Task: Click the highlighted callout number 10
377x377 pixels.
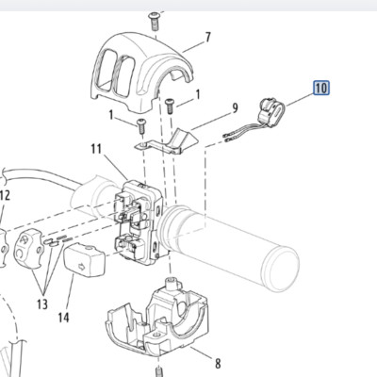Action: [321, 88]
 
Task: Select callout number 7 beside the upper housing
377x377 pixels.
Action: [207, 38]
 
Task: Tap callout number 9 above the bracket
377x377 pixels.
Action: [235, 108]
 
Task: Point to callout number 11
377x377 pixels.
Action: [96, 149]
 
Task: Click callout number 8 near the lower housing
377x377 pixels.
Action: [218, 364]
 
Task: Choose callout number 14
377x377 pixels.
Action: [63, 318]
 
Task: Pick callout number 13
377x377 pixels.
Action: [41, 304]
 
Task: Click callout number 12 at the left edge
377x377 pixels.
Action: [5, 196]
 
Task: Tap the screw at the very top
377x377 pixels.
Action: [155, 22]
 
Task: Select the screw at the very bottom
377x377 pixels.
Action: [159, 371]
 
